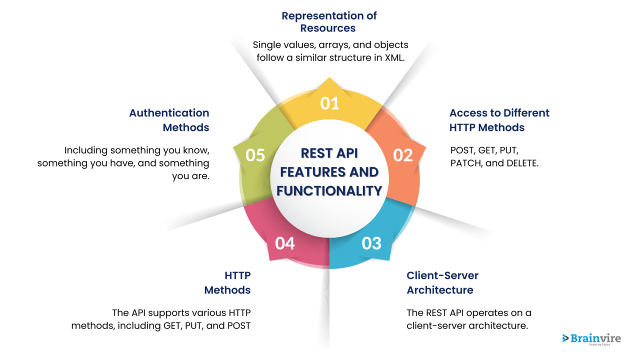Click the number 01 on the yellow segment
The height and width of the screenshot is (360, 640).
tap(329, 103)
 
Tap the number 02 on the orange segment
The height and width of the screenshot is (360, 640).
tap(402, 155)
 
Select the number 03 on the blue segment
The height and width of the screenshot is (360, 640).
tap(371, 243)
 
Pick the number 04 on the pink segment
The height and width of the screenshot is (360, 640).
tap(285, 243)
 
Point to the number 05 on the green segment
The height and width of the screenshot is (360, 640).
tap(255, 155)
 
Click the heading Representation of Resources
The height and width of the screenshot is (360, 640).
tap(329, 22)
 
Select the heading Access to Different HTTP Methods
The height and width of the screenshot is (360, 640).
tap(499, 120)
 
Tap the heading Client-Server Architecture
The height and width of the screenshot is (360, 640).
tap(442, 282)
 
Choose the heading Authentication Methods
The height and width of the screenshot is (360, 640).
tap(169, 120)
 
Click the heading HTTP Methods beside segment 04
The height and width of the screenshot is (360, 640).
tap(227, 282)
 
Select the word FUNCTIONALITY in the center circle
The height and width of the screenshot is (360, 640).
tap(329, 190)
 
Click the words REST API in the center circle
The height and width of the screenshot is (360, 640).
tap(329, 153)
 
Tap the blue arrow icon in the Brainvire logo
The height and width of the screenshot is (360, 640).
tap(565, 338)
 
